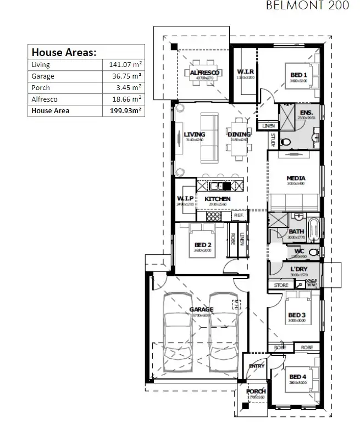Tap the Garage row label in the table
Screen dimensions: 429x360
click(43, 76)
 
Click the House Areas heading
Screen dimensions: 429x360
click(64, 53)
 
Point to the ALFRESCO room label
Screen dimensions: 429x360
click(204, 73)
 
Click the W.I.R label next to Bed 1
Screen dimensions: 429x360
click(245, 72)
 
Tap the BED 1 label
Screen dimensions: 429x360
click(298, 75)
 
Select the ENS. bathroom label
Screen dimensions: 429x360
click(306, 112)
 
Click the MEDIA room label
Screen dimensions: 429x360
click(296, 178)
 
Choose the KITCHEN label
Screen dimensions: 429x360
click(218, 199)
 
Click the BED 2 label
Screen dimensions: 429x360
click(202, 244)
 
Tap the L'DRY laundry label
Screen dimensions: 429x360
click(298, 269)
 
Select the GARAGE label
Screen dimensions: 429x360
click(202, 309)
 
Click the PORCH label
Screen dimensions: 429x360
click(256, 391)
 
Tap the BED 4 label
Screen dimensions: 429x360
click(297, 376)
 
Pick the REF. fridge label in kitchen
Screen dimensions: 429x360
click(239, 215)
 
